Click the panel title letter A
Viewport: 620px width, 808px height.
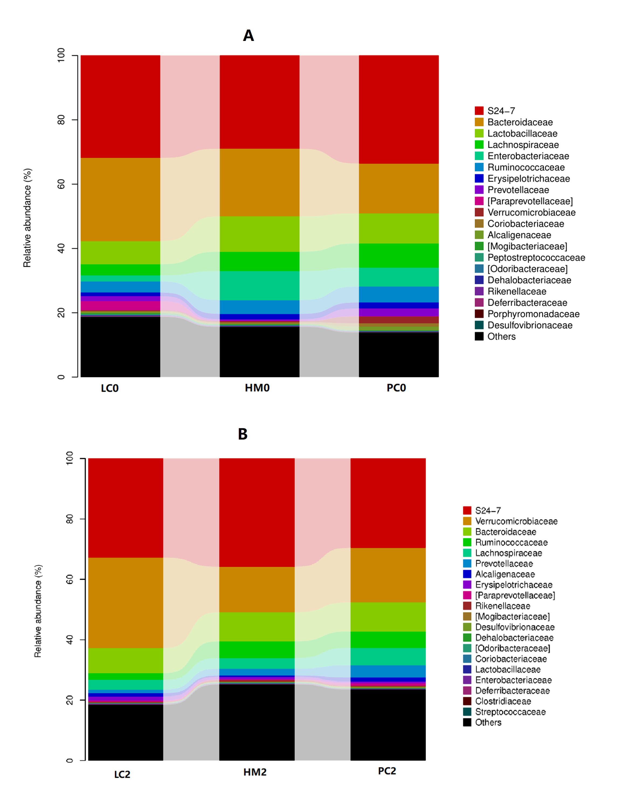coord(248,36)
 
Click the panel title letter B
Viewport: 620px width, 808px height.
coord(242,434)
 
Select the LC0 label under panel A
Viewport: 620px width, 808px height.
coord(110,388)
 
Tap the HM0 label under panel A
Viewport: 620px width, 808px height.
coord(257,388)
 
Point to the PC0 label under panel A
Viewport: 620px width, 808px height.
coord(396,388)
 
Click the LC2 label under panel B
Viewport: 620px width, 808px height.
coord(122,774)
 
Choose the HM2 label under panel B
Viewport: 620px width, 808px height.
coord(255,772)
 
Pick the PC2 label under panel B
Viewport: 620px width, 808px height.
coord(387,771)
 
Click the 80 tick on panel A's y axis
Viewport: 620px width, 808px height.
coord(61,120)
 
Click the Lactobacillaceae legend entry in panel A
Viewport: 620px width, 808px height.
coord(522,134)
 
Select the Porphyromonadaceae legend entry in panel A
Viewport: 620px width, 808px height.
coord(533,314)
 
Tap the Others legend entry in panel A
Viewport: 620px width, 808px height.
coord(501,336)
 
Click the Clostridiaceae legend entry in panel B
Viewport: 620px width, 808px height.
coord(503,701)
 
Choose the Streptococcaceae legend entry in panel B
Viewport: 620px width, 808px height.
coord(510,712)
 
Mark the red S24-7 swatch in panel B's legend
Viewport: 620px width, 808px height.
coord(467,510)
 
